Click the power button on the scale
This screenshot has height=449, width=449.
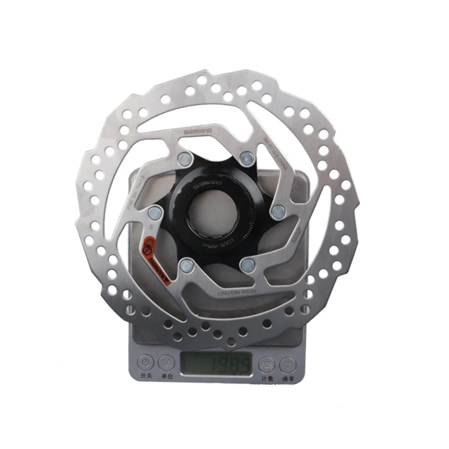tap(146, 362)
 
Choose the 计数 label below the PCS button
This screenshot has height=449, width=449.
tap(267, 379)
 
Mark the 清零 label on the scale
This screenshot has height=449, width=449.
tap(289, 379)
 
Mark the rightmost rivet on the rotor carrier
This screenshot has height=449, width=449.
tap(277, 211)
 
